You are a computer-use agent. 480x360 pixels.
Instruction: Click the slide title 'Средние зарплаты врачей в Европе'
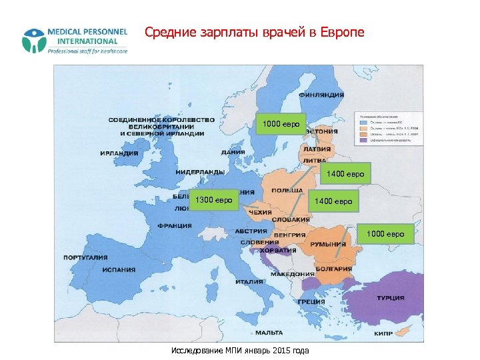coord(255,32)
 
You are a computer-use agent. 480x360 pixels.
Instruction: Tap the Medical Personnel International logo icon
coord(33,41)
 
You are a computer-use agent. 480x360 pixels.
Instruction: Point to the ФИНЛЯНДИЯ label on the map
coord(321,95)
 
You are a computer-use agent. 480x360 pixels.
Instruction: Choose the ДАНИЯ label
coord(233,151)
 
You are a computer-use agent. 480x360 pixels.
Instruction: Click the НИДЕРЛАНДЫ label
coord(200,171)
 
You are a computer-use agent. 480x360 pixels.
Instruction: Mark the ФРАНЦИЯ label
coord(174,225)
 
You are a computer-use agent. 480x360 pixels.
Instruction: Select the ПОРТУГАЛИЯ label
coord(85,257)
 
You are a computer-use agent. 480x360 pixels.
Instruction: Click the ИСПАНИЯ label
coord(119,270)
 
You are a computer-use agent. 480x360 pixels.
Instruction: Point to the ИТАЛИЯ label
coord(249,281)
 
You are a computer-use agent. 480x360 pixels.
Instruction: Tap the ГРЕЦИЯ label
coord(311,301)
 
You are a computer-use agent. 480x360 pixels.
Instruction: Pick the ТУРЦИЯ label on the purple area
coord(390,297)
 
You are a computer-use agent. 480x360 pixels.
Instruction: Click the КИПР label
coord(383,333)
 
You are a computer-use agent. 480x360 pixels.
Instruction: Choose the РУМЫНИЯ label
coord(331,245)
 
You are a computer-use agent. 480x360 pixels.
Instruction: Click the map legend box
coord(386,127)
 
